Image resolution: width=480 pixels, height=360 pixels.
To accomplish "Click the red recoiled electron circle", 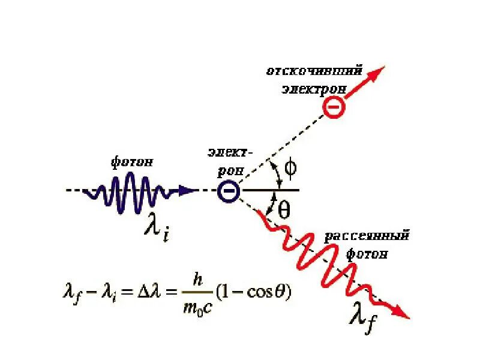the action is (x=334, y=107).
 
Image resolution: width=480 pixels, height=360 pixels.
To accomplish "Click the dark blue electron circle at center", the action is (x=229, y=191).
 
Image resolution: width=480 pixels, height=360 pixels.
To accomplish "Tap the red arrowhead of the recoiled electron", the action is (x=376, y=74).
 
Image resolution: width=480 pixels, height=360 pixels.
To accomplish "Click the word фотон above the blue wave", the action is (x=132, y=162).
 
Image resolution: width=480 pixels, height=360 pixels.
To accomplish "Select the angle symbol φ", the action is (x=290, y=169).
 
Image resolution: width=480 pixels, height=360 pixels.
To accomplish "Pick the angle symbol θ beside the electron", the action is (x=284, y=208).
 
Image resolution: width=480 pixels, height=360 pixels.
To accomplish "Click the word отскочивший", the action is (x=314, y=71).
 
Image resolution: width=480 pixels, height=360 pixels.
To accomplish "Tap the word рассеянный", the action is (x=367, y=236).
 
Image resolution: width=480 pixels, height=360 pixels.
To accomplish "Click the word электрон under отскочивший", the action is (x=313, y=89).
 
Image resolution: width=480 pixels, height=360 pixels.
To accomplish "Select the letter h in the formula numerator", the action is (x=198, y=279).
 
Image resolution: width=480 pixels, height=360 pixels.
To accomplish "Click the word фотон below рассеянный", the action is (x=367, y=254).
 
